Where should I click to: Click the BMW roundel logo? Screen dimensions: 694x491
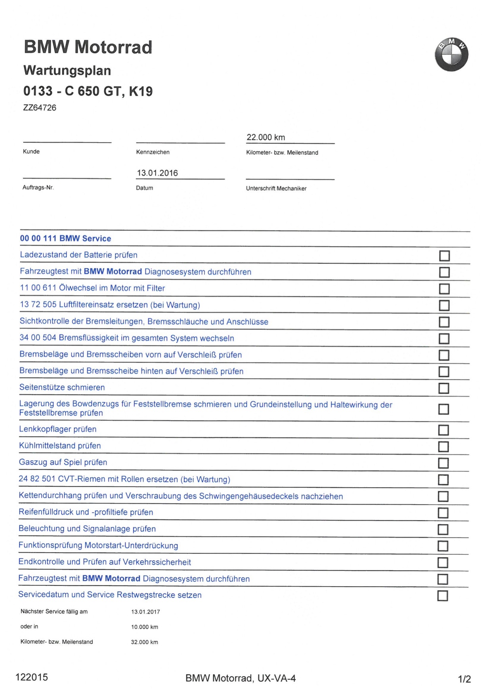[x=451, y=55]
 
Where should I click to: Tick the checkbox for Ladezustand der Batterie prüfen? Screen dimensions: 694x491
[x=444, y=256]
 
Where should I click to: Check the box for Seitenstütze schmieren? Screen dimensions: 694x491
[x=443, y=388]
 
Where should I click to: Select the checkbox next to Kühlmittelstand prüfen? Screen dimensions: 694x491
[x=443, y=447]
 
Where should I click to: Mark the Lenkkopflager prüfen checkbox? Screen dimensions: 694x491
[x=443, y=430]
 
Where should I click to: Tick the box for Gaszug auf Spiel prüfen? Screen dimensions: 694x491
[x=443, y=463]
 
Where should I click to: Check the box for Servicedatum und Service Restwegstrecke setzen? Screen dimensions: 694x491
[x=442, y=596]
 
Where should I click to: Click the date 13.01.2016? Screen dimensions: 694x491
[x=157, y=173]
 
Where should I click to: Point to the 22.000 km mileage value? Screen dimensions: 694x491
[x=266, y=137]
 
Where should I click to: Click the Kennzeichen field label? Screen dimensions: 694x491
[x=153, y=152]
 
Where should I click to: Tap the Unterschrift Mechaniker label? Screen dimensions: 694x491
[x=276, y=189]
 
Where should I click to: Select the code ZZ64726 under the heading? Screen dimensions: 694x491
[x=40, y=108]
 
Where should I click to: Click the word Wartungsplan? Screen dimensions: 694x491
[x=67, y=71]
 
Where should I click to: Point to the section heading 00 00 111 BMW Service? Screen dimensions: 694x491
[x=65, y=238]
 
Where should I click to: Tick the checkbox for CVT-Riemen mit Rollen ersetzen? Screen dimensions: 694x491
[x=443, y=480]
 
